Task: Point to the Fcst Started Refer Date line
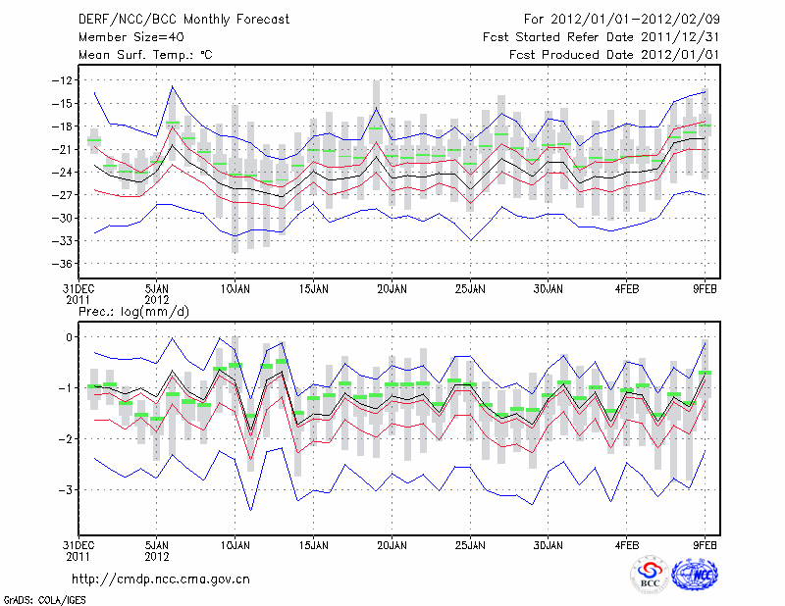point(602,37)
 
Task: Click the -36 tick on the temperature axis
point(64,264)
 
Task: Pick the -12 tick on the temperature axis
point(64,80)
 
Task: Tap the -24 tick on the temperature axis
point(64,173)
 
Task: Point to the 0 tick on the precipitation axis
point(71,337)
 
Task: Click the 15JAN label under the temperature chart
point(313,289)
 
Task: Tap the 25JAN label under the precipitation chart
point(470,544)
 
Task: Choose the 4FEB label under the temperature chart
point(627,289)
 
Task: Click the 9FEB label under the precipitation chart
point(706,544)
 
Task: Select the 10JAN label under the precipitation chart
point(235,544)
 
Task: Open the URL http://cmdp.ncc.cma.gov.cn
point(161,579)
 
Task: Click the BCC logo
point(649,575)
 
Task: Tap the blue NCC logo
point(694,575)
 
